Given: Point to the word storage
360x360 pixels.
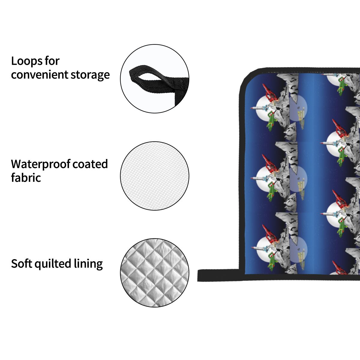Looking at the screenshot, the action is (x=90, y=75).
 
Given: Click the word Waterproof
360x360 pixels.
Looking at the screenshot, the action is (x=40, y=164).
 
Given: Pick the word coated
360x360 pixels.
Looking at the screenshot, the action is (x=90, y=164).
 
